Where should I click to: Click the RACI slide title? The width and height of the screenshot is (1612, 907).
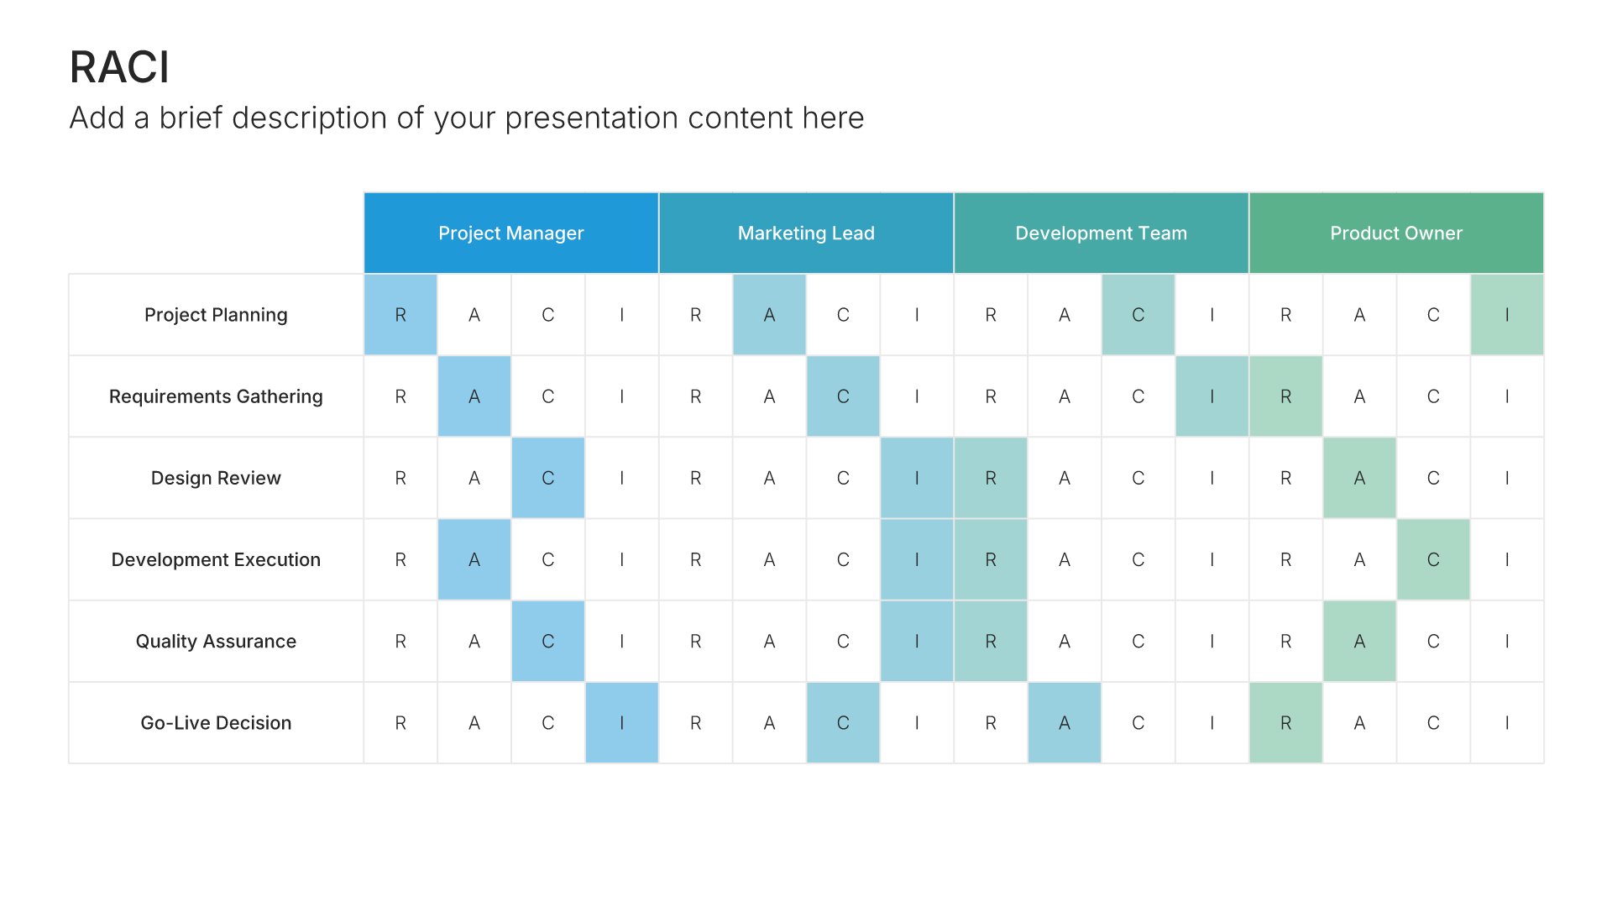(119, 67)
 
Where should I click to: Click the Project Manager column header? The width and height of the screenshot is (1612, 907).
(511, 233)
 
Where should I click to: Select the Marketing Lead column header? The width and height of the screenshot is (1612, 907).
(806, 233)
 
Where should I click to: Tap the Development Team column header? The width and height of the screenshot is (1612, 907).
(1101, 233)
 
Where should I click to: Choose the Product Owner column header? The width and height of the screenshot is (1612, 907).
(1396, 233)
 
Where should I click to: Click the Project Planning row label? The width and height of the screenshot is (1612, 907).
(216, 315)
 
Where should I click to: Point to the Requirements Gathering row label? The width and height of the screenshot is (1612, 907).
(216, 396)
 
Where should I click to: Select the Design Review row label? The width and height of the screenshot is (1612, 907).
(216, 478)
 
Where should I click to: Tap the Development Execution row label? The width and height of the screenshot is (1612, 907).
(216, 559)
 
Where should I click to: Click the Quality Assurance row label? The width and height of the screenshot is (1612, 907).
(216, 641)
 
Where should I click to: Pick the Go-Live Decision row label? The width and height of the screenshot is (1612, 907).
(216, 722)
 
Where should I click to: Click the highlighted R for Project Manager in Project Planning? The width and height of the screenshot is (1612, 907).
(400, 315)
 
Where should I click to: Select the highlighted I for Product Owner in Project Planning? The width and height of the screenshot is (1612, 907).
(1507, 315)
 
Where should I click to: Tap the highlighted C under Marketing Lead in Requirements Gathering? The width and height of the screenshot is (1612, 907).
(843, 396)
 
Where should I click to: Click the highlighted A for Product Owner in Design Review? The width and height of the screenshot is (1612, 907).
(1359, 478)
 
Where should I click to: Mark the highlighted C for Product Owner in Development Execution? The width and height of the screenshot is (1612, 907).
(1433, 559)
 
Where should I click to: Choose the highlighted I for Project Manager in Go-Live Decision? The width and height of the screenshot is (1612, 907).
(621, 722)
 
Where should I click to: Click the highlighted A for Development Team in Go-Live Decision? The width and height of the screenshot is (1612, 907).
(1065, 722)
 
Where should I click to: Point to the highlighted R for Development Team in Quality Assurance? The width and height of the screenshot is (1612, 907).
(991, 641)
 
